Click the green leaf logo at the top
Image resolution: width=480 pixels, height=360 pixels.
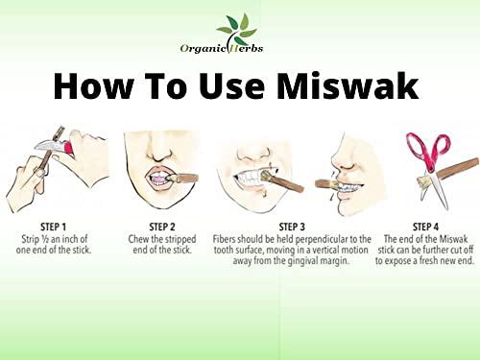[235, 26]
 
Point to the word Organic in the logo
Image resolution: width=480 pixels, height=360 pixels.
[201, 48]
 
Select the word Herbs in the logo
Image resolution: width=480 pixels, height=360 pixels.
[246, 48]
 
